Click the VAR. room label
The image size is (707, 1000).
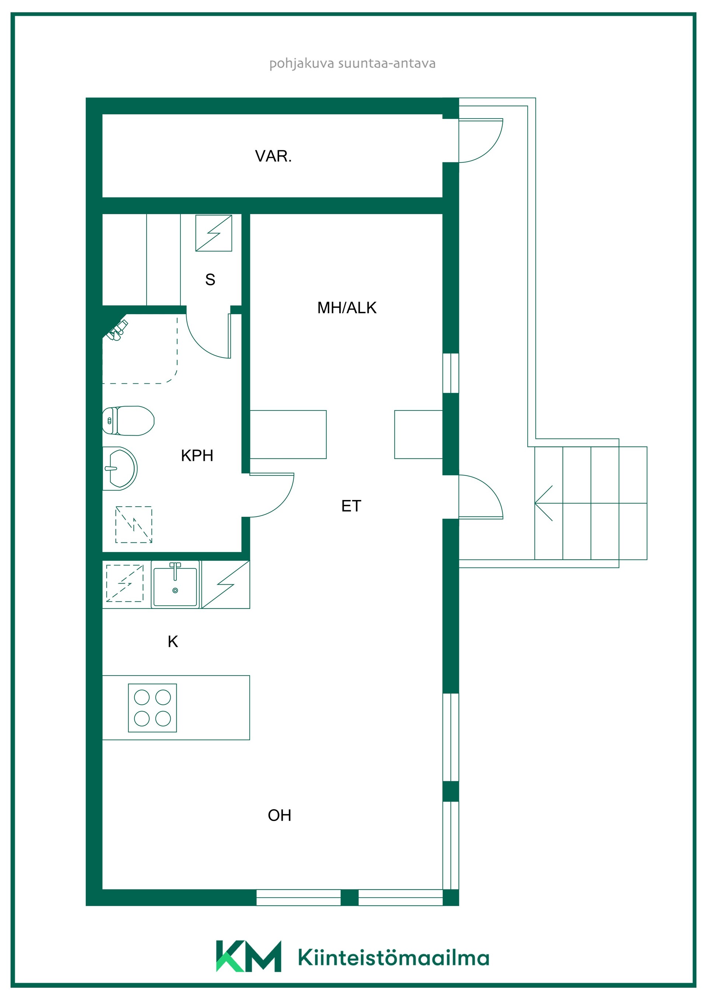pyautogui.click(x=273, y=156)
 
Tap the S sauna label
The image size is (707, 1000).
pyautogui.click(x=210, y=279)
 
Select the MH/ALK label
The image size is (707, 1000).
pyautogui.click(x=347, y=308)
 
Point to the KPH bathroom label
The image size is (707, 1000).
pyautogui.click(x=197, y=455)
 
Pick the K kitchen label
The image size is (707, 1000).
pyautogui.click(x=173, y=641)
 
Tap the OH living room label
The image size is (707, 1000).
pyautogui.click(x=279, y=815)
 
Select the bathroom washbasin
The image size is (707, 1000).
pyautogui.click(x=120, y=469)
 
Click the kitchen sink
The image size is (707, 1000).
pyautogui.click(x=175, y=584)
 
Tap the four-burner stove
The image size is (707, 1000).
pyautogui.click(x=152, y=708)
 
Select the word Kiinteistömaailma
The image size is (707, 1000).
pyautogui.click(x=394, y=957)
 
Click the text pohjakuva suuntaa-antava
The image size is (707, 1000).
pyautogui.click(x=352, y=64)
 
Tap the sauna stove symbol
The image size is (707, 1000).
pyautogui.click(x=214, y=233)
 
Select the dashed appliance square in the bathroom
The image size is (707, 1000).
pyautogui.click(x=134, y=524)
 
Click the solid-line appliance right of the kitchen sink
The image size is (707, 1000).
pyautogui.click(x=226, y=584)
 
